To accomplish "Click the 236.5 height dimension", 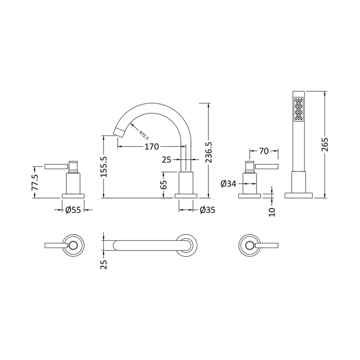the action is tap(209, 152).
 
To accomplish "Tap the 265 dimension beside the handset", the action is tap(325, 144).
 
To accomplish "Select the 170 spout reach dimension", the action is tap(152, 147).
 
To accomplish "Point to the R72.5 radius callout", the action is tap(144, 135).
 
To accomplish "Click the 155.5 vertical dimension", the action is tap(104, 166).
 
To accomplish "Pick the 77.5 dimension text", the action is tap(35, 182).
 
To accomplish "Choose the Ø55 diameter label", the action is tap(73, 210).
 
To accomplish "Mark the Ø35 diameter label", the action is tap(207, 210).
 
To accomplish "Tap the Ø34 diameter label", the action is tap(229, 184).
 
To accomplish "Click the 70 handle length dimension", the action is tap(264, 151).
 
